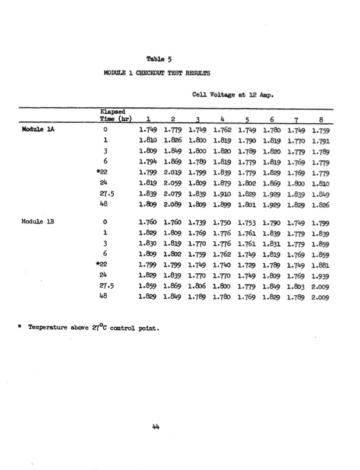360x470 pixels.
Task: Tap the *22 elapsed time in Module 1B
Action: pyautogui.click(x=106, y=265)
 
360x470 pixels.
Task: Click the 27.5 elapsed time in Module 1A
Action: pyautogui.click(x=107, y=193)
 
